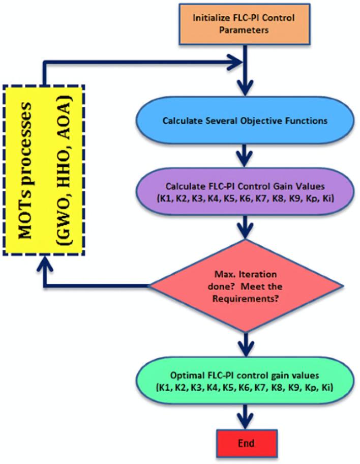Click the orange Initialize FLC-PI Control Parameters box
pyautogui.click(x=246, y=24)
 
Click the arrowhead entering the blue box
pyautogui.click(x=246, y=95)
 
